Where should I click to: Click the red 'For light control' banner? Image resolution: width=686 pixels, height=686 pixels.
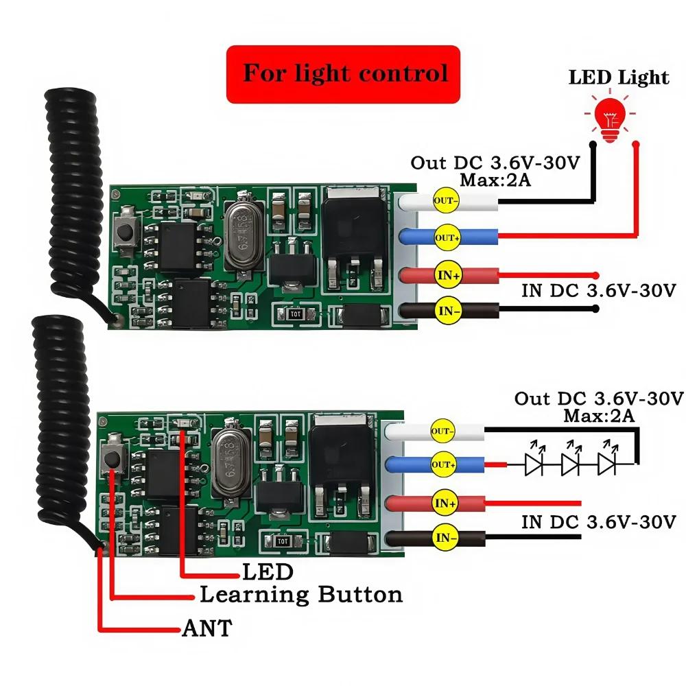click(x=343, y=74)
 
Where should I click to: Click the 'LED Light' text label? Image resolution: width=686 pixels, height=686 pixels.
click(x=618, y=78)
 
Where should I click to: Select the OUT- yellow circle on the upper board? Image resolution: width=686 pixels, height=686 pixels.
click(x=446, y=200)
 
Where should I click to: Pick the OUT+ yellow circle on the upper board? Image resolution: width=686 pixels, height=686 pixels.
click(x=447, y=237)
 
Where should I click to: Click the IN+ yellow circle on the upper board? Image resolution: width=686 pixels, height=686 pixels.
click(x=449, y=275)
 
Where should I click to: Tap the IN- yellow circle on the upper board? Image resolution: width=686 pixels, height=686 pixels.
click(x=449, y=311)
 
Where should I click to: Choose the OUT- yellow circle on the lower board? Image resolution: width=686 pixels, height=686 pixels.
click(x=442, y=431)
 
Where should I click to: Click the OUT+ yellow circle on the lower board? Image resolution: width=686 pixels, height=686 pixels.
click(x=443, y=464)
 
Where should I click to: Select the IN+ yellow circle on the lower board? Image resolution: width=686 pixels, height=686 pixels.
click(x=445, y=503)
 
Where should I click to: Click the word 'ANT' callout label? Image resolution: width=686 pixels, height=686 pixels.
click(x=207, y=628)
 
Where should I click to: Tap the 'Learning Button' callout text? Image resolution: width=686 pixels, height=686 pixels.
click(x=301, y=595)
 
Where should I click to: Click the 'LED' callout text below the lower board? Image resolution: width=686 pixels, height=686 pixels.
click(x=268, y=572)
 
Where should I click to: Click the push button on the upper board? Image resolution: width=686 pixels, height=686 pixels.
click(x=126, y=231)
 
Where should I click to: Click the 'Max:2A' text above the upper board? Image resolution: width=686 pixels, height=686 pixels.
click(x=495, y=180)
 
